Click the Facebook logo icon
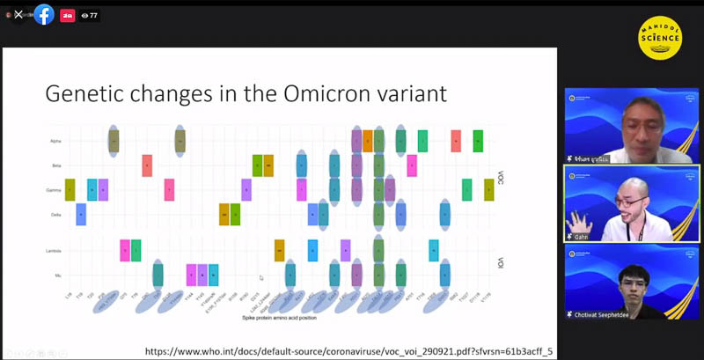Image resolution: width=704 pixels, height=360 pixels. pyautogui.click(x=43, y=15)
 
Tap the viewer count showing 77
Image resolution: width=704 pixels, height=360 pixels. pyautogui.click(x=89, y=15)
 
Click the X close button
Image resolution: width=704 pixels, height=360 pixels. pyautogui.click(x=18, y=15)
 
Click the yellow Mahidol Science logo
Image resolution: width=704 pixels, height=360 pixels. pyautogui.click(x=659, y=40)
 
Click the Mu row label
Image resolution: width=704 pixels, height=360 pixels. pyautogui.click(x=57, y=276)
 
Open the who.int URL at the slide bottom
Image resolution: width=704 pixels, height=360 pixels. pyautogui.click(x=348, y=350)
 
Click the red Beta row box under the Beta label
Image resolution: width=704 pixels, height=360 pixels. pyautogui.click(x=147, y=165)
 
